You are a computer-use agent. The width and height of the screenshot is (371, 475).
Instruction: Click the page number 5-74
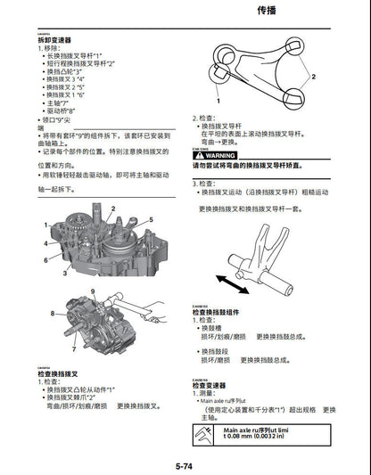pos(185,466)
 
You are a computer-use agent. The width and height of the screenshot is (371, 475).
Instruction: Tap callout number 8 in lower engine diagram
pos(53,313)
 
